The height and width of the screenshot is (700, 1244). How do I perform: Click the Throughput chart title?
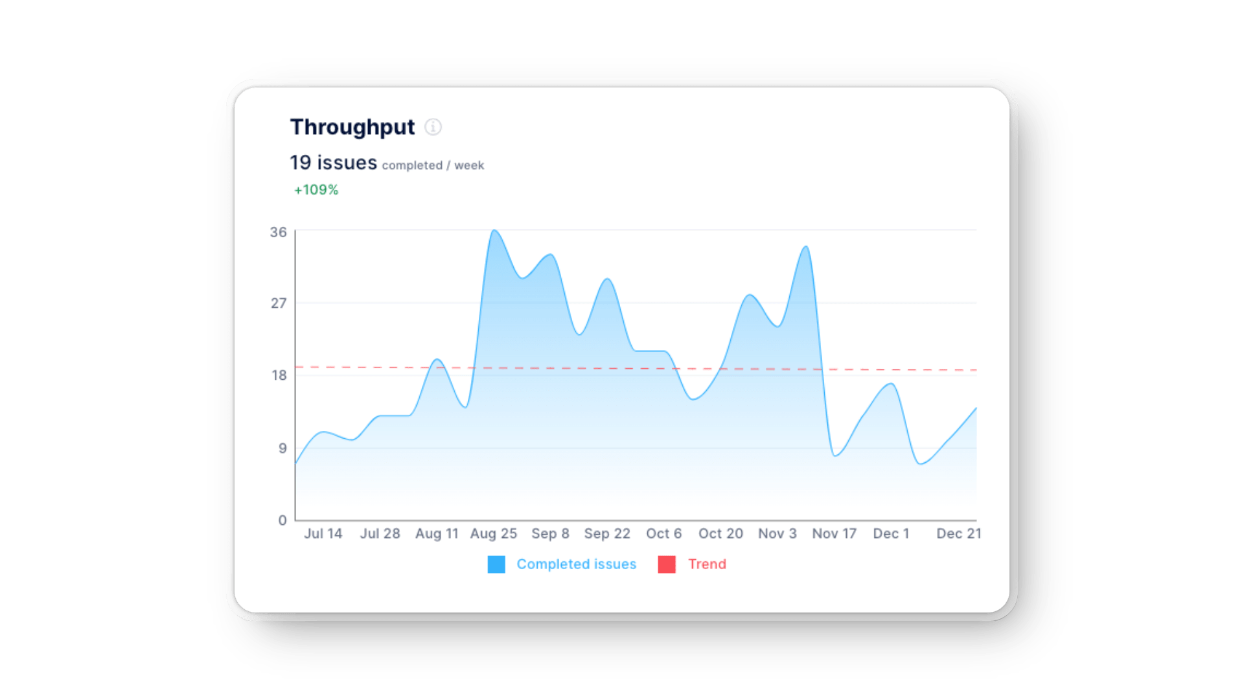pyautogui.click(x=352, y=127)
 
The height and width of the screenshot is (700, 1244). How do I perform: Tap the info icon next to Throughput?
pyautogui.click(x=433, y=127)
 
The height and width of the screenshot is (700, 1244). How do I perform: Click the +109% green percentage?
pyautogui.click(x=316, y=190)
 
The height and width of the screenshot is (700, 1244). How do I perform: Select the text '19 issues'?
pyautogui.click(x=333, y=163)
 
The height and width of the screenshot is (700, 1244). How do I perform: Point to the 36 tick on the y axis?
pyautogui.click(x=278, y=232)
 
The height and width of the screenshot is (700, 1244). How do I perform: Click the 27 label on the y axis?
pyautogui.click(x=278, y=303)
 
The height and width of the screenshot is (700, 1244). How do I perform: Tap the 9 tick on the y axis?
pyautogui.click(x=282, y=448)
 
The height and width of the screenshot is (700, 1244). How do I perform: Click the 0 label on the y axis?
pyautogui.click(x=282, y=520)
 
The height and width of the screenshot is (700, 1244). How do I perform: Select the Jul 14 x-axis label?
pyautogui.click(x=323, y=533)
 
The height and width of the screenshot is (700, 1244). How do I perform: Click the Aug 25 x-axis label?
pyautogui.click(x=493, y=533)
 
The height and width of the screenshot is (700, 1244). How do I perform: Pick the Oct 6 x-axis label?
pyautogui.click(x=663, y=533)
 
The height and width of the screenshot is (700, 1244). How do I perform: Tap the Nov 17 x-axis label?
pyautogui.click(x=834, y=533)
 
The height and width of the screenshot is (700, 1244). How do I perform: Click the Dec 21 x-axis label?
pyautogui.click(x=958, y=533)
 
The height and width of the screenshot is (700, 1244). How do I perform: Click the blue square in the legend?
pyautogui.click(x=496, y=565)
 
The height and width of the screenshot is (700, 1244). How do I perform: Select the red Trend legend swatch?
pyautogui.click(x=667, y=565)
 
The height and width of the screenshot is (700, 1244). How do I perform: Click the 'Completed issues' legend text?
pyautogui.click(x=576, y=565)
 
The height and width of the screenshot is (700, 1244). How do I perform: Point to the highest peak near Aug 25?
pyautogui.click(x=494, y=230)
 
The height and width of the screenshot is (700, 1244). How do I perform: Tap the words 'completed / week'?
pyautogui.click(x=433, y=165)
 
